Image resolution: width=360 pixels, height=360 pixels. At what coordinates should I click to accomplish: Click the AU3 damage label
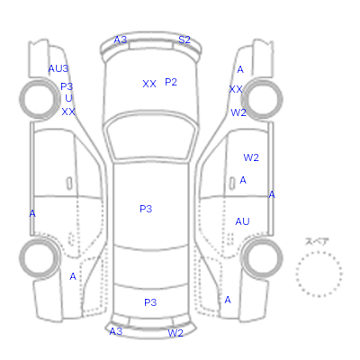(x=58, y=68)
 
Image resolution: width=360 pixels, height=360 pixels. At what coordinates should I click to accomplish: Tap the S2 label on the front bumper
(x=184, y=40)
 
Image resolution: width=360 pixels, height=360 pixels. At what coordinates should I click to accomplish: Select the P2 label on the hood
(x=171, y=82)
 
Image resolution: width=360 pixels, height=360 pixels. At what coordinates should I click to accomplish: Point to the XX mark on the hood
(x=149, y=84)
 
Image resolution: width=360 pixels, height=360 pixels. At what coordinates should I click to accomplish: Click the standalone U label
(x=68, y=98)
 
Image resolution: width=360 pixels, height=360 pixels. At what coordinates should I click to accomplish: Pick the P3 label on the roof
(x=146, y=209)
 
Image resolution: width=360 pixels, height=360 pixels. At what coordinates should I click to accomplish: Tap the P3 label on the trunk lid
(x=150, y=302)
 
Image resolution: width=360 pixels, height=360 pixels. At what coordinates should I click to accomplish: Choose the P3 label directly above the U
(x=67, y=86)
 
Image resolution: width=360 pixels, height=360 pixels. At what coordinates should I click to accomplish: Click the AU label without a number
(x=242, y=221)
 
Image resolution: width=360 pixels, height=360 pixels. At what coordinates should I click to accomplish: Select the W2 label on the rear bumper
(x=175, y=333)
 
